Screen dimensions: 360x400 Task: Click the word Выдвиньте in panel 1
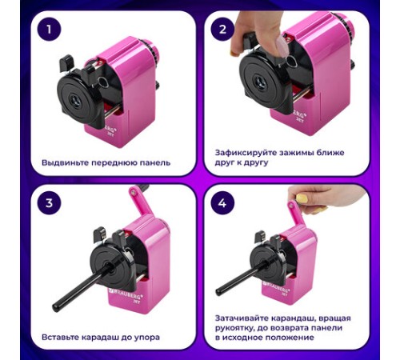[x=65, y=162]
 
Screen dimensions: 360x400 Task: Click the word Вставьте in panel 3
[x=61, y=337]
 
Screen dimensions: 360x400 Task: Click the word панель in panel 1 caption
[x=151, y=162]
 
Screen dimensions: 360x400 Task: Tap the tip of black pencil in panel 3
[x=57, y=306]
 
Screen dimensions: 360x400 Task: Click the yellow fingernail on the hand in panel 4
[x=301, y=198]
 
